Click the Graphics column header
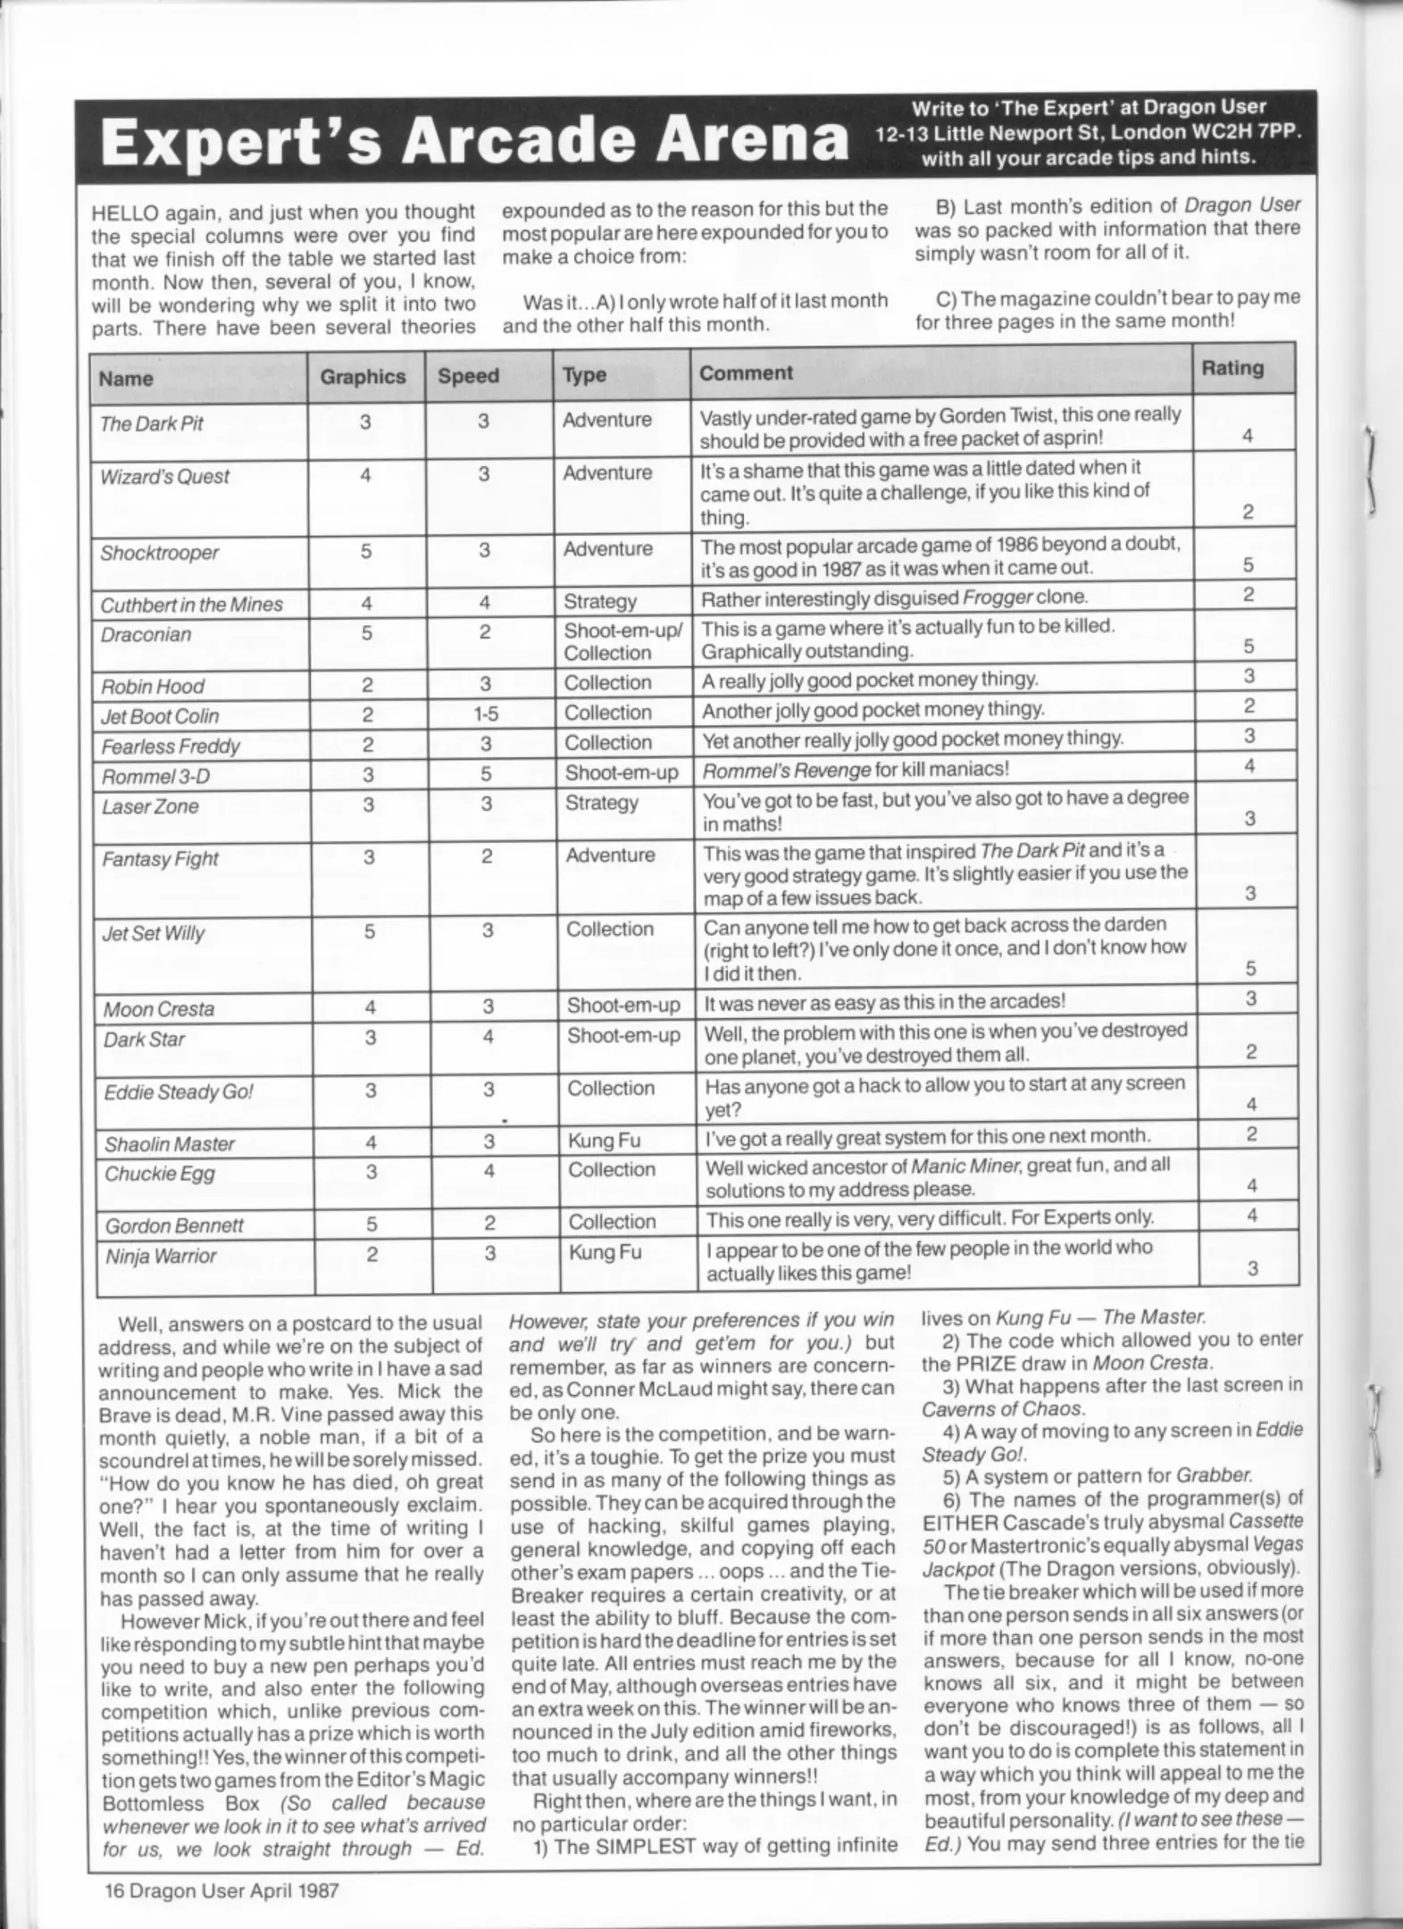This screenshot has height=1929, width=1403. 363,377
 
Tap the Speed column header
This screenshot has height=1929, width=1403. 468,376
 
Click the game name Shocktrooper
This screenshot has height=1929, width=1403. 159,553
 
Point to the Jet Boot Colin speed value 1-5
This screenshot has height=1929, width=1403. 485,714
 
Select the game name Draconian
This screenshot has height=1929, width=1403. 145,635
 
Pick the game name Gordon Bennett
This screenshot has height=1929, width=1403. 173,1225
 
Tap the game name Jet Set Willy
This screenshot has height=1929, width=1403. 154,933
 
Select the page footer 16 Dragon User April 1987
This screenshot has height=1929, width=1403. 221,1890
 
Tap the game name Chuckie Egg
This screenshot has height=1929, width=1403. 159,1173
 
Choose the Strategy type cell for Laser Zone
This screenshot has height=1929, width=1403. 601,803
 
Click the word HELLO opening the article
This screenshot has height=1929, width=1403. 125,213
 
